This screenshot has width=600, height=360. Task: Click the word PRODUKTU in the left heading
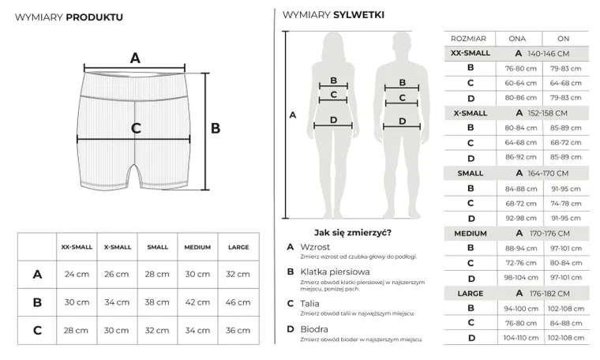tap(95, 17)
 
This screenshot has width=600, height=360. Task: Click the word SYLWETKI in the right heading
tap(359, 15)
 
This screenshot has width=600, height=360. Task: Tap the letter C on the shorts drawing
tap(136, 128)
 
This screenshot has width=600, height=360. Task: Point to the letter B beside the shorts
tap(216, 128)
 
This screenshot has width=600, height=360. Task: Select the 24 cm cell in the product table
tap(77, 274)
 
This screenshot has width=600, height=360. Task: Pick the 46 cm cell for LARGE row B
tap(238, 302)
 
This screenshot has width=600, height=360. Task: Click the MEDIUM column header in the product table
tap(197, 247)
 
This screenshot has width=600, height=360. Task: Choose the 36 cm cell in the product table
tap(238, 330)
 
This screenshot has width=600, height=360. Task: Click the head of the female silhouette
tap(333, 44)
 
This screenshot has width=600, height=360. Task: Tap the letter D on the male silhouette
tap(402, 122)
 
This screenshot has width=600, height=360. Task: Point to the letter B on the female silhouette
tap(334, 81)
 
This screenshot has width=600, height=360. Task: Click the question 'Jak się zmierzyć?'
tap(353, 233)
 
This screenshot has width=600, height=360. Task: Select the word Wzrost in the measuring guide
tap(315, 247)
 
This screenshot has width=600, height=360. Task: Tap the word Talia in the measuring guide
tap(309, 304)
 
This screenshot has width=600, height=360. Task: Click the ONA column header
tap(517, 39)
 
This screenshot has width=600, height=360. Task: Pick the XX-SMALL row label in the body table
tap(471, 53)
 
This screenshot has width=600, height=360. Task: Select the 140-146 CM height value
tap(549, 54)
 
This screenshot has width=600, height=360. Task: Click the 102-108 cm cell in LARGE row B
tap(566, 309)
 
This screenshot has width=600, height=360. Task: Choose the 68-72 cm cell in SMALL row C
tap(521, 204)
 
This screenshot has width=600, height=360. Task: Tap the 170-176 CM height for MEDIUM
tap(549, 234)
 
